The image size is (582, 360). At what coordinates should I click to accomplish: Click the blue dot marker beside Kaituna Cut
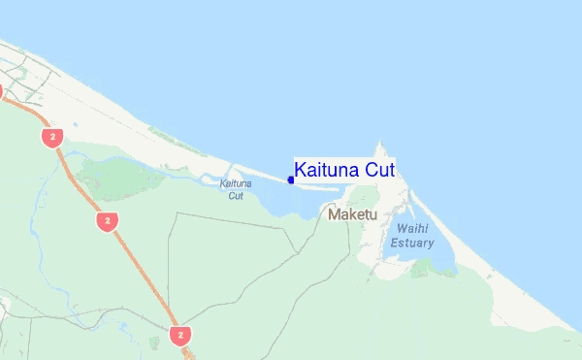coord(291,180)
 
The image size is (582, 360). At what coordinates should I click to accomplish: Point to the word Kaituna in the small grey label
coord(236,183)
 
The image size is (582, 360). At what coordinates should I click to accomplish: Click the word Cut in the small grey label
coord(236,195)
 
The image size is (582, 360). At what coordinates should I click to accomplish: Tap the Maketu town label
coord(352,213)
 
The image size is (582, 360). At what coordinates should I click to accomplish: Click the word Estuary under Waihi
coord(414,243)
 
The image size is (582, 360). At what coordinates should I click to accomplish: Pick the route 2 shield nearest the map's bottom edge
coord(179,335)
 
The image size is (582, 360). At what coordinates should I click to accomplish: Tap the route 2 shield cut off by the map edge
coord(1,91)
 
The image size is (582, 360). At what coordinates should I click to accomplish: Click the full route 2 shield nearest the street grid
coord(52,137)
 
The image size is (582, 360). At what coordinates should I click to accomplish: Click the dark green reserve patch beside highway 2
coord(116,175)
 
